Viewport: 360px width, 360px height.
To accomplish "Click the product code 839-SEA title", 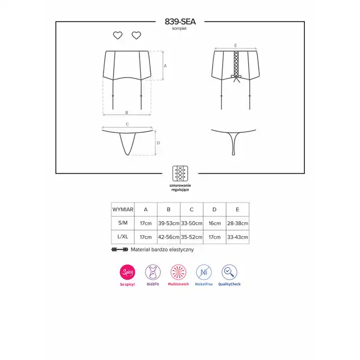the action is click(180, 21).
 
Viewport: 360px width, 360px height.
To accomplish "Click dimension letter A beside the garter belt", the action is click(165, 66).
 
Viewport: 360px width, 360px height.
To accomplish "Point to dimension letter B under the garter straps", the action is click(127, 112).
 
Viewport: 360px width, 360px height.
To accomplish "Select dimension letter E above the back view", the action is click(236, 46).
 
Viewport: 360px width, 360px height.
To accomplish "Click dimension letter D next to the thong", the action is click(159, 143).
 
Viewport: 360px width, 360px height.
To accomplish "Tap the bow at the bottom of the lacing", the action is click(236, 78).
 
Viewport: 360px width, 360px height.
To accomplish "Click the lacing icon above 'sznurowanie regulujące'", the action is click(180, 173).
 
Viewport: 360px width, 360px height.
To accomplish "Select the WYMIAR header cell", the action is click(123, 209).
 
